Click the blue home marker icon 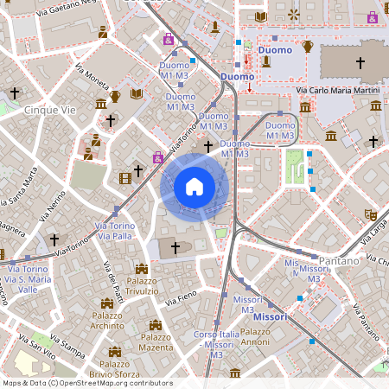194,187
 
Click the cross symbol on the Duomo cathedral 360,63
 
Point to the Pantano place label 337,260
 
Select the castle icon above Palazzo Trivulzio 142,269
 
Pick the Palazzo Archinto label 108,321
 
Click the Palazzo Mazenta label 157,341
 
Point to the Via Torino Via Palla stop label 115,230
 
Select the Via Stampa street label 67,345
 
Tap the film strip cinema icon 126,178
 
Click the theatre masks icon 371,213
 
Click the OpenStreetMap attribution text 87,383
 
